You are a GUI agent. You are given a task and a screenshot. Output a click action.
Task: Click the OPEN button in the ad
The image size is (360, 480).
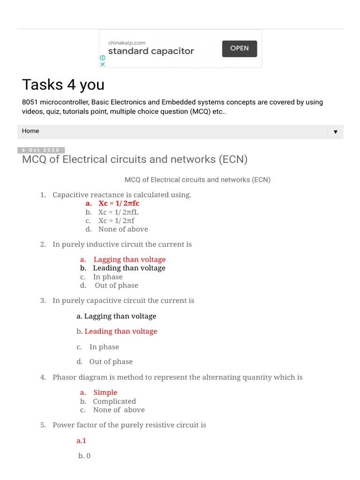tap(239, 48)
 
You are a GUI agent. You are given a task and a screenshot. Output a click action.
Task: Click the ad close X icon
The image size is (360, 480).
tap(103, 64)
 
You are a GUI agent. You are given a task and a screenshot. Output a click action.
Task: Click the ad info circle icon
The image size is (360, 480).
tap(103, 58)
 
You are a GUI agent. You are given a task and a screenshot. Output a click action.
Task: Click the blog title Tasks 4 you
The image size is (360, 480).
tap(63, 85)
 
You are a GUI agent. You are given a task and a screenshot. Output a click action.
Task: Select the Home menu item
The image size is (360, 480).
tap(30, 131)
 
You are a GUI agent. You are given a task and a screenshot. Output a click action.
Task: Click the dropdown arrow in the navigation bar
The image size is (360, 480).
tap(335, 132)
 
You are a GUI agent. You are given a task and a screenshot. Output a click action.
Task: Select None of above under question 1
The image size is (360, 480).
tap(123, 229)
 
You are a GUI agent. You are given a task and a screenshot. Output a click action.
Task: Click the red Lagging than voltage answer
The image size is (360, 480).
tap(129, 259)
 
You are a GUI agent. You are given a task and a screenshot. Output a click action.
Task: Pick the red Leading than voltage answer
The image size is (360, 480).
tap(120, 331)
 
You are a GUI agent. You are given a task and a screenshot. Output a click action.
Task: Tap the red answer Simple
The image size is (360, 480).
tap(105, 392)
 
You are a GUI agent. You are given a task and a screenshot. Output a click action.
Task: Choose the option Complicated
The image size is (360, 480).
tap(114, 401)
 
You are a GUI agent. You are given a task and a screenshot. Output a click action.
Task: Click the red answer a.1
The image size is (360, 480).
tap(82, 441)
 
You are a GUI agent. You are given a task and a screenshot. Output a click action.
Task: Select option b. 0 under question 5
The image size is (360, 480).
tap(84, 456)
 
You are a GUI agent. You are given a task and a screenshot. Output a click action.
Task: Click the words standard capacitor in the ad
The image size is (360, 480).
tap(151, 52)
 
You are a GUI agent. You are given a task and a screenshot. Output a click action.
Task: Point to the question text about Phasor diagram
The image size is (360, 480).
tap(177, 377)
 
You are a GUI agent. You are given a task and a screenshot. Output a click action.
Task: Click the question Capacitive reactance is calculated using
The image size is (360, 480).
tap(122, 195)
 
